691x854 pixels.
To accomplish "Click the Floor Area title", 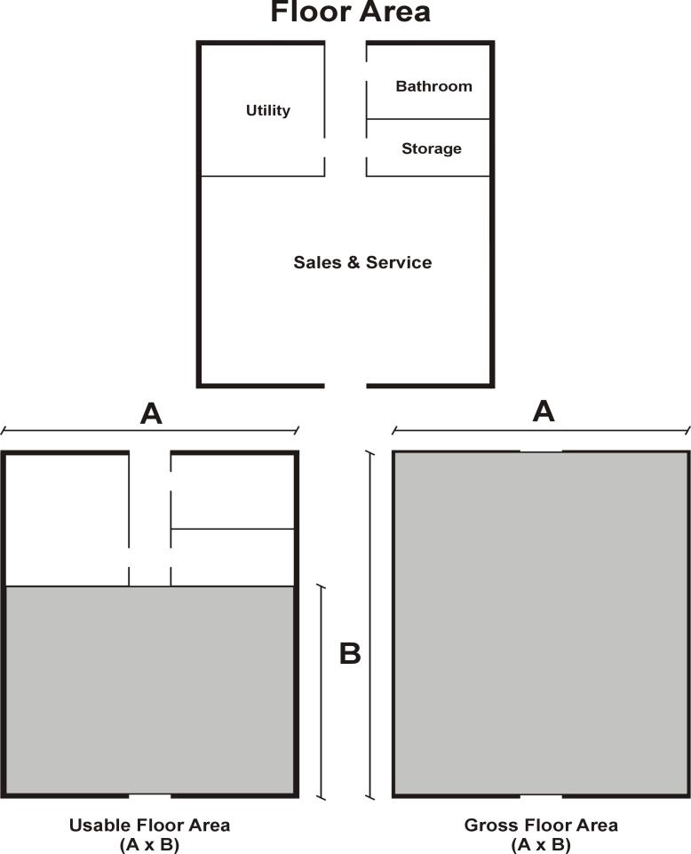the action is click(350, 12).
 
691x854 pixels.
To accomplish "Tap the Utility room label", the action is click(268, 110).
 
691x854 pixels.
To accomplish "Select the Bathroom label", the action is click(434, 86).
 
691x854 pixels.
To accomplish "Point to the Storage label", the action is click(432, 148).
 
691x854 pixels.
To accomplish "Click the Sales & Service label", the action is click(362, 262).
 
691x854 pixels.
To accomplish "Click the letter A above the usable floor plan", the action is click(151, 414).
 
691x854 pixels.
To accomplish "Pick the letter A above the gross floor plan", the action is click(544, 411).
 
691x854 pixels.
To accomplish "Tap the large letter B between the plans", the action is click(350, 653).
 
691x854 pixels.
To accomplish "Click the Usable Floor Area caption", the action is click(149, 826).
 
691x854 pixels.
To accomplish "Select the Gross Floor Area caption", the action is click(541, 826).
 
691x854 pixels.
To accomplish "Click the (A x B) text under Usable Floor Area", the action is click(149, 845).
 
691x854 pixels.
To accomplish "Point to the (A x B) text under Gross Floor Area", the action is click(541, 845).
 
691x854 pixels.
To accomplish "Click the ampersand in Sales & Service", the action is click(354, 262).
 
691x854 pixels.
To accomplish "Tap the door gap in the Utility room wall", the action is click(324, 148).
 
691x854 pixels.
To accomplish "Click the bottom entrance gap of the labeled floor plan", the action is click(345, 386).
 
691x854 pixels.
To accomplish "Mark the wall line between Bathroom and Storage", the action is click(428, 119).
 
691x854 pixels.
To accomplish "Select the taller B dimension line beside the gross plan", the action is click(370, 626).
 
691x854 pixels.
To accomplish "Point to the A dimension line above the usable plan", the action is click(150, 431).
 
